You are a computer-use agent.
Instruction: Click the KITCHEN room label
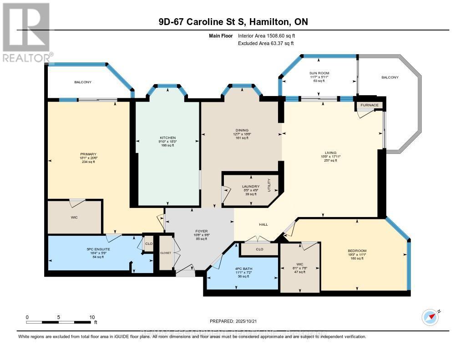(167, 137)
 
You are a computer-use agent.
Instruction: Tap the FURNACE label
(370, 105)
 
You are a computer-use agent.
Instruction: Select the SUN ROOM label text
(319, 73)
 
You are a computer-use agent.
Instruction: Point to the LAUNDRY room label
(251, 186)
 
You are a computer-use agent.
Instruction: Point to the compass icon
(431, 316)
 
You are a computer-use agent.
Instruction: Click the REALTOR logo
(26, 32)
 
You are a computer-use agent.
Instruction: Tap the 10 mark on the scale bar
(92, 317)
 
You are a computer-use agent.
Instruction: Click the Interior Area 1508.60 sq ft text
(269, 35)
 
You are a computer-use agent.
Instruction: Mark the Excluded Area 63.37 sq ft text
(266, 43)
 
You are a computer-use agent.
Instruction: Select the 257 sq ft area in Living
(330, 160)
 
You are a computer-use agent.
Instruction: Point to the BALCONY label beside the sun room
(390, 77)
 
